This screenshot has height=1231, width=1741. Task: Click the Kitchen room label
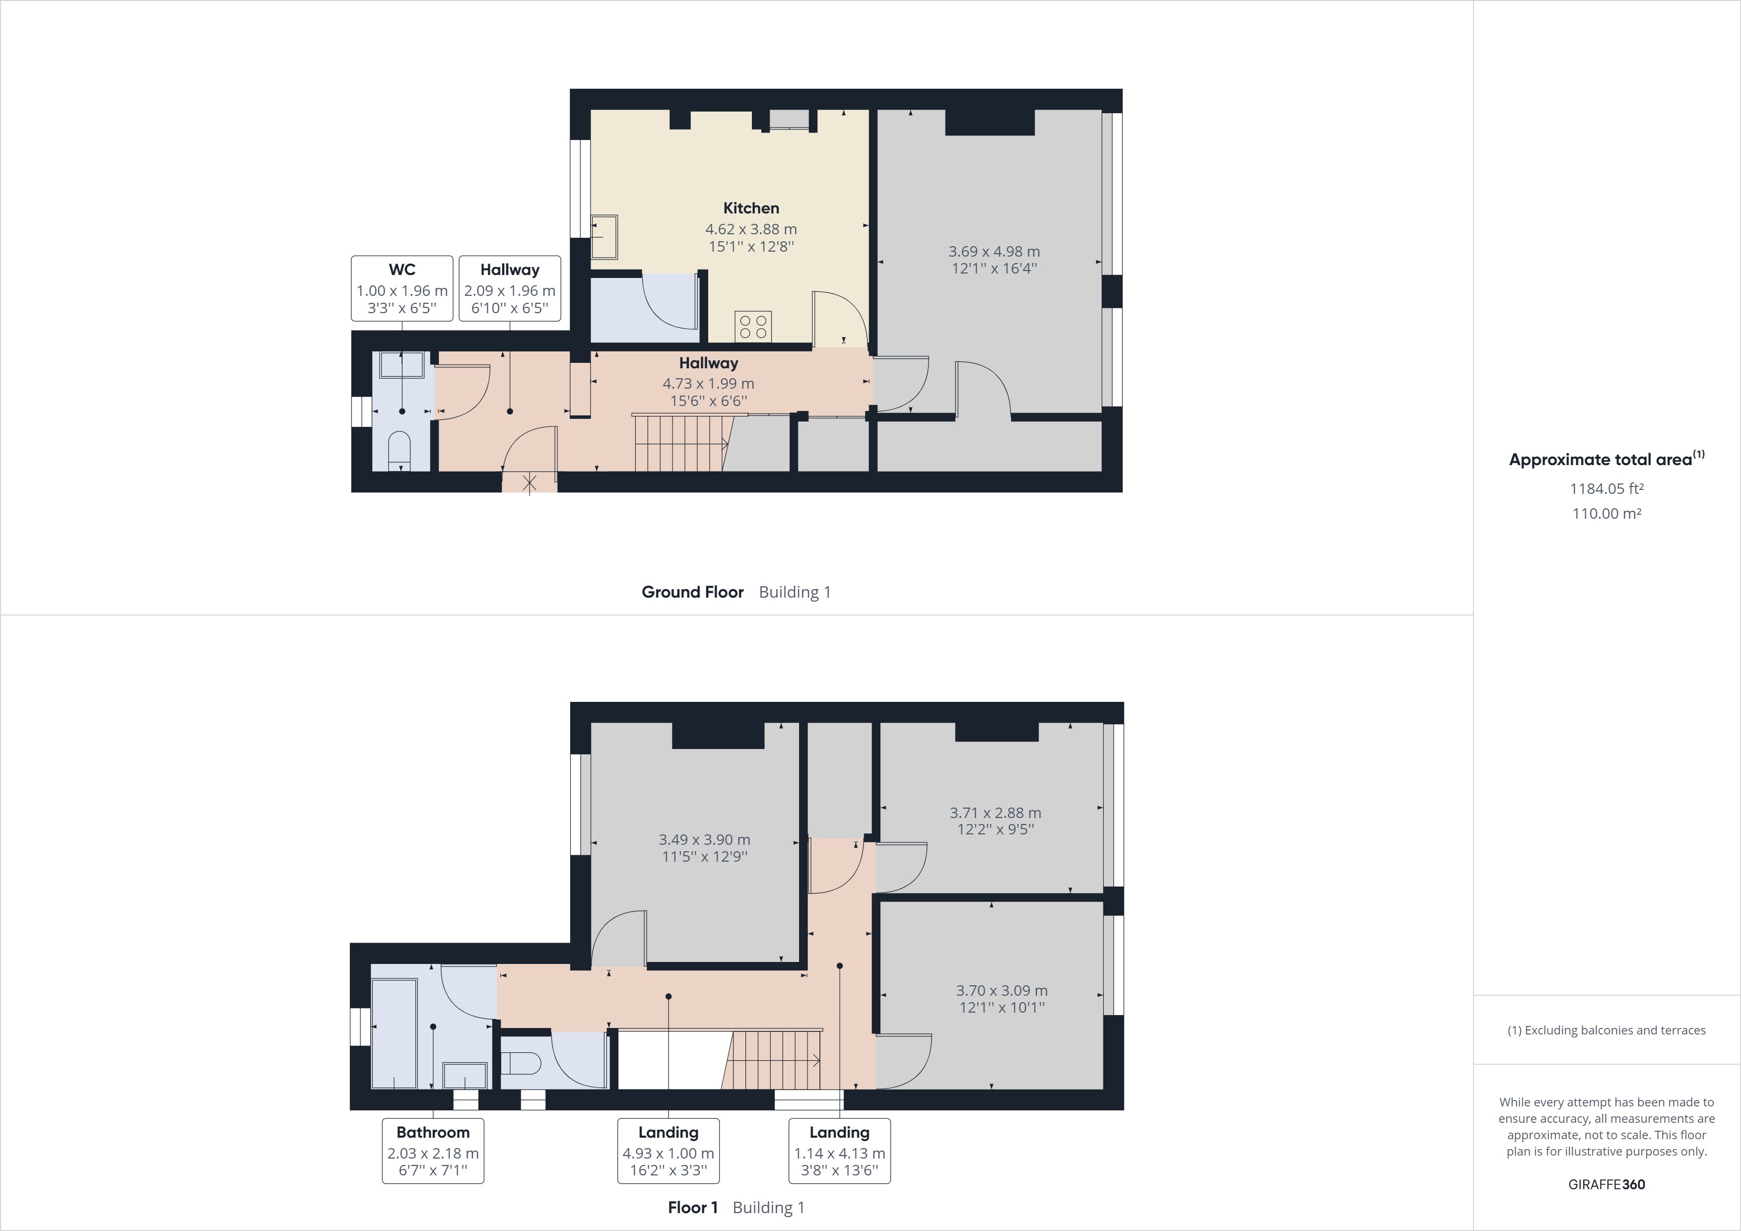click(x=751, y=208)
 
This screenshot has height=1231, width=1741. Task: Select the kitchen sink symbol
click(x=604, y=237)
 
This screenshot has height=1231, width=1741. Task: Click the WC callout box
click(x=402, y=288)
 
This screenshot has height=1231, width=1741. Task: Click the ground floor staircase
click(x=678, y=444)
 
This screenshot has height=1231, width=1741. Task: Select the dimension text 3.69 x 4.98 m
click(x=994, y=251)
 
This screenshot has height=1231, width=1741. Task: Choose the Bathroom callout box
click(x=432, y=1150)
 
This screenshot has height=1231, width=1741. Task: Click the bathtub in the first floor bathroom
click(x=394, y=1033)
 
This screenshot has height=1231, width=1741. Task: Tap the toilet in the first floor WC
click(x=523, y=1064)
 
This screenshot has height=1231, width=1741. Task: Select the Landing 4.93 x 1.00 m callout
click(x=668, y=1150)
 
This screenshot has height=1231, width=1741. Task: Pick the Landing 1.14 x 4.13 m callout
click(x=839, y=1150)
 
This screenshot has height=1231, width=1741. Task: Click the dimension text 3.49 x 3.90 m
click(x=704, y=840)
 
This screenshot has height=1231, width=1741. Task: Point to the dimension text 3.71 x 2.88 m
click(x=995, y=813)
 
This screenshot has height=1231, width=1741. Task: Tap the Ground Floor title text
click(x=692, y=592)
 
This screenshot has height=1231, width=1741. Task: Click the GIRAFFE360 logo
click(x=1606, y=1184)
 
